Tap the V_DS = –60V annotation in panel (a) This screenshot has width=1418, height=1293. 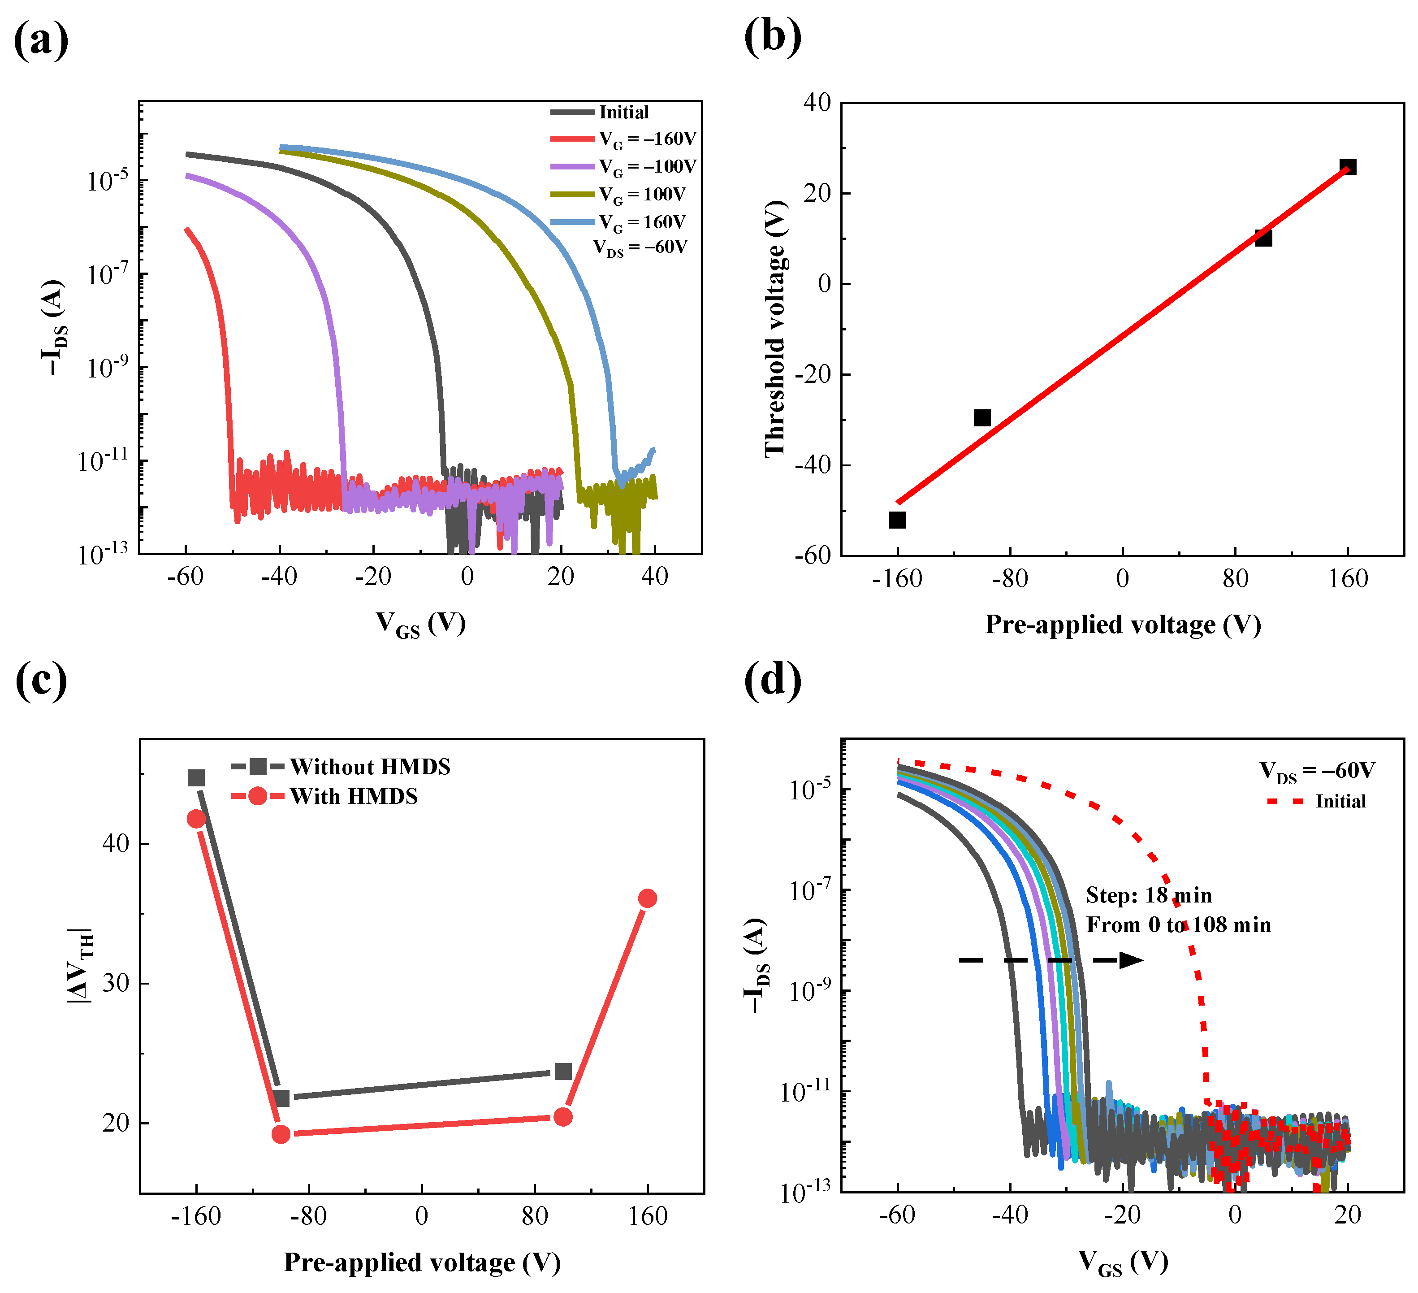coord(640,247)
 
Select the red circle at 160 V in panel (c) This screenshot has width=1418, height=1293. coord(648,898)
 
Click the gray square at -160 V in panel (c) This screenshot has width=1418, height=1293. coord(196,778)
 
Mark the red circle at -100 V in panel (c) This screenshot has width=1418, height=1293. coord(281,1134)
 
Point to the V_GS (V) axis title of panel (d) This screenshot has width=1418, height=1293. coord(1123,1263)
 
